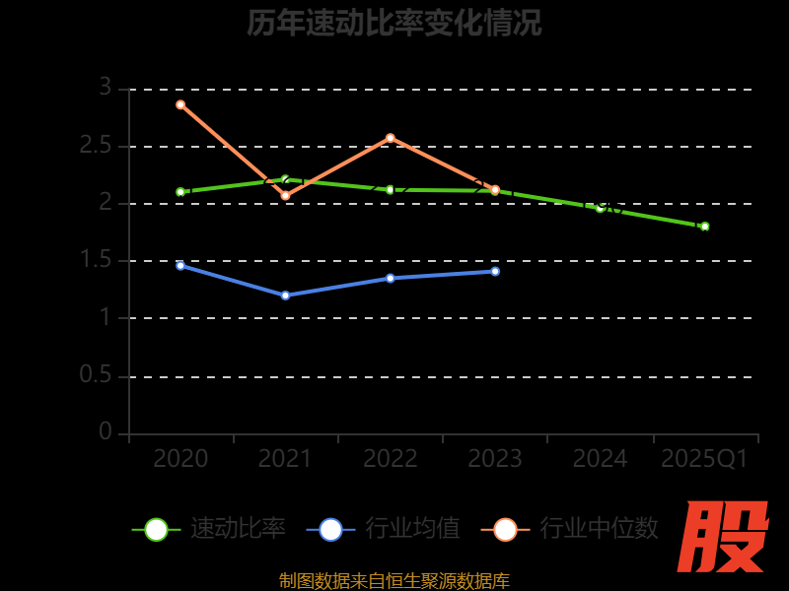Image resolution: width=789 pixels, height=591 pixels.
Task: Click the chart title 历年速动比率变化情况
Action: (394, 23)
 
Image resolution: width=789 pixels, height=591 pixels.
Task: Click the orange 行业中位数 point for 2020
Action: (180, 104)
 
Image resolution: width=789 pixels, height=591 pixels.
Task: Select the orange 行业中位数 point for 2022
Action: (391, 138)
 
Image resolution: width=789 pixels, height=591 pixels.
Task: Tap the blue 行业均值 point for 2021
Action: (286, 295)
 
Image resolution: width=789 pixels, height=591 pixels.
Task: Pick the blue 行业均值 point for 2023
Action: (495, 271)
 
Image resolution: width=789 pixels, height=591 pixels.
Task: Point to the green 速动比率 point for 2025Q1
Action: (704, 227)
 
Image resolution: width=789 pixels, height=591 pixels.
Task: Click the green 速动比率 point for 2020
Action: (180, 192)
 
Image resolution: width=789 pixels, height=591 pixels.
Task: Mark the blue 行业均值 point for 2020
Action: (180, 265)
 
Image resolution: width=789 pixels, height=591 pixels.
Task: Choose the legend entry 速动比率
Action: (209, 529)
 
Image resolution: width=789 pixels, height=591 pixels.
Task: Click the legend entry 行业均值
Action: (384, 529)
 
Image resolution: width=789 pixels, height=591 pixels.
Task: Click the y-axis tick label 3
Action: (105, 88)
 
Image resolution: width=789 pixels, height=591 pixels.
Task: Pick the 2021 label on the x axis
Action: (285, 459)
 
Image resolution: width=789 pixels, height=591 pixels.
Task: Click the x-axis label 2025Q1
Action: (704, 459)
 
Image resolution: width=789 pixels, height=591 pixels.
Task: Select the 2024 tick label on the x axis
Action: (600, 459)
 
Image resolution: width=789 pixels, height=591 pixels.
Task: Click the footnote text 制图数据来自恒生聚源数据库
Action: (394, 581)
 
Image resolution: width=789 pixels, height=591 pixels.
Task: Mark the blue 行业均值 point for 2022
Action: (391, 278)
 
